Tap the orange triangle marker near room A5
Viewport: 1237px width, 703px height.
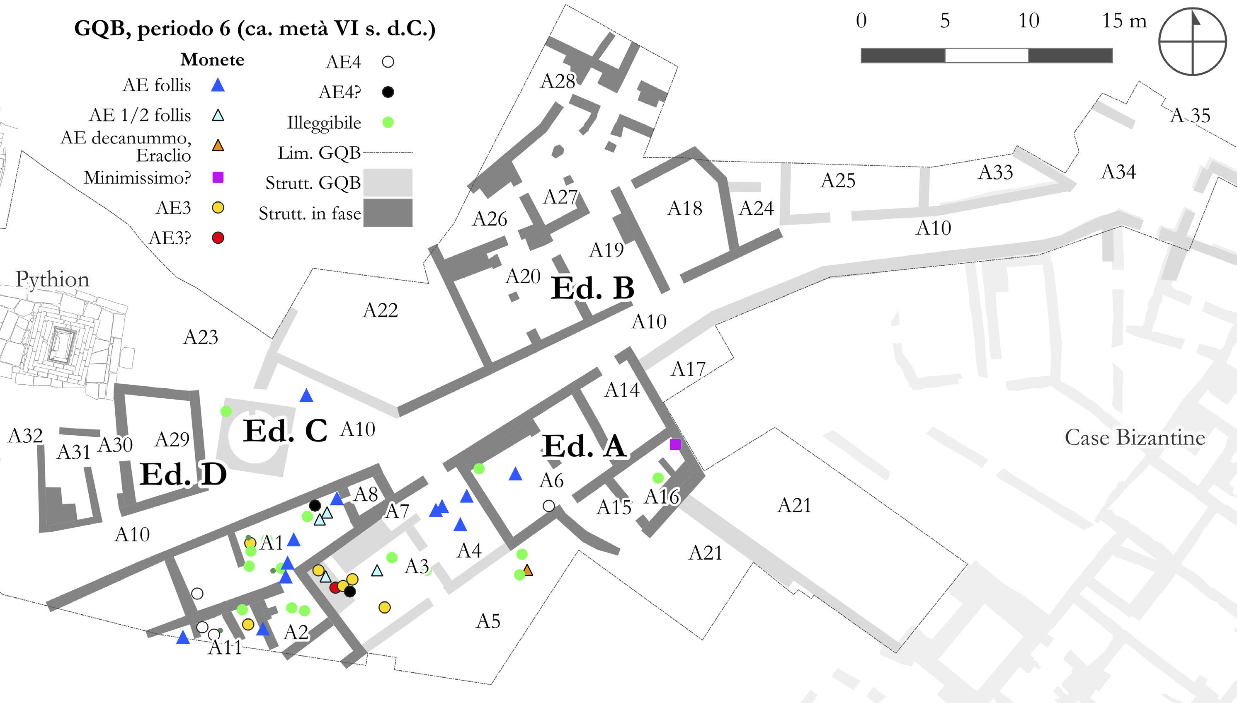(528, 570)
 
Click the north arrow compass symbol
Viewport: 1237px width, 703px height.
(1193, 41)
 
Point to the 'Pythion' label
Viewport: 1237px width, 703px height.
(52, 279)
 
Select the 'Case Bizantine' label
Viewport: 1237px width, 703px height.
(1135, 437)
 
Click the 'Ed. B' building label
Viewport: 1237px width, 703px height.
(592, 288)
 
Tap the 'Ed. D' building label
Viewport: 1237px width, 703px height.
(183, 474)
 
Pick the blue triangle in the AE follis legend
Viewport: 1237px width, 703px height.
(218, 85)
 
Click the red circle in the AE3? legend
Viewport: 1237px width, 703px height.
(218, 238)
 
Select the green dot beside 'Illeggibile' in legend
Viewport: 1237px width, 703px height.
(388, 122)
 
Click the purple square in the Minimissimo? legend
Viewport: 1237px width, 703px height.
(218, 177)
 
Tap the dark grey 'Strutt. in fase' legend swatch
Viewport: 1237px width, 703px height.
(388, 213)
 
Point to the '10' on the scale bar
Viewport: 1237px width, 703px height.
(1028, 21)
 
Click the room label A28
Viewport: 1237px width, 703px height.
(558, 81)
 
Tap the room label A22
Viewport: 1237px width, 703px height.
(380, 310)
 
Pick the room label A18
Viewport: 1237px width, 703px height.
(684, 208)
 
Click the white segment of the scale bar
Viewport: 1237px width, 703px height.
(987, 56)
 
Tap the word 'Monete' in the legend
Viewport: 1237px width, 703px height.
(212, 59)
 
